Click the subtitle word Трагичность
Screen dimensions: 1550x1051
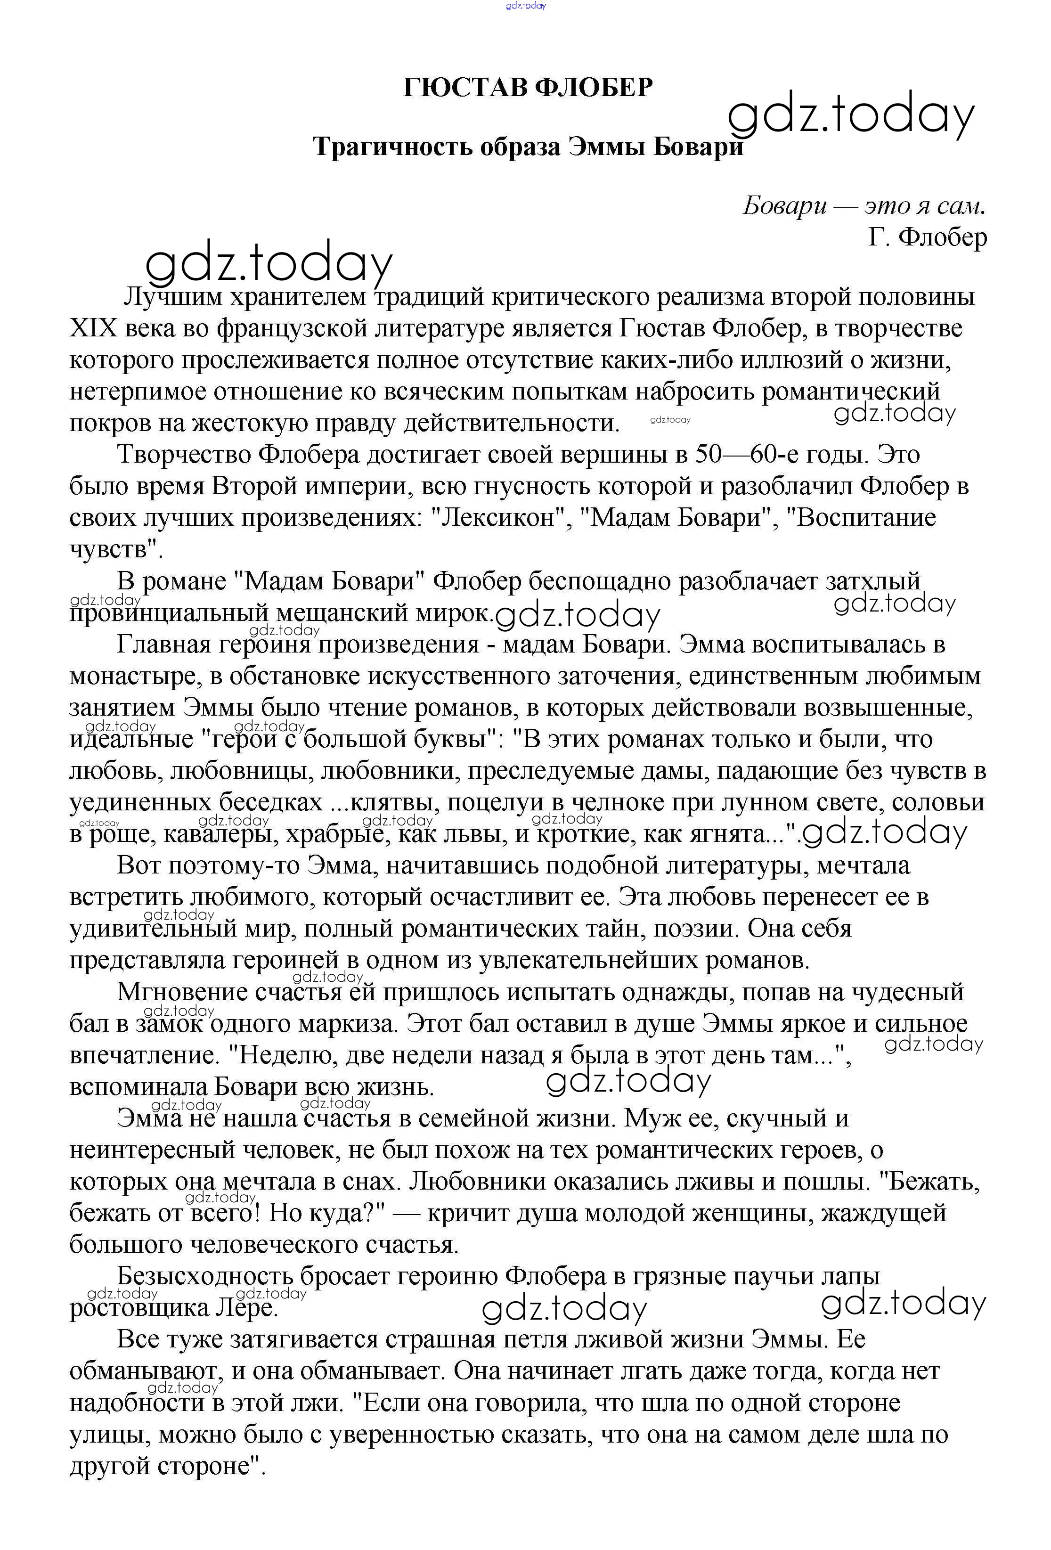393,146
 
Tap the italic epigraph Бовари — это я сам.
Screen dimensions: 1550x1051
864,206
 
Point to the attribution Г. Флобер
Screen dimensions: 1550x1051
927,237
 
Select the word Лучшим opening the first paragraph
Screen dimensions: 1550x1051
173,297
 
